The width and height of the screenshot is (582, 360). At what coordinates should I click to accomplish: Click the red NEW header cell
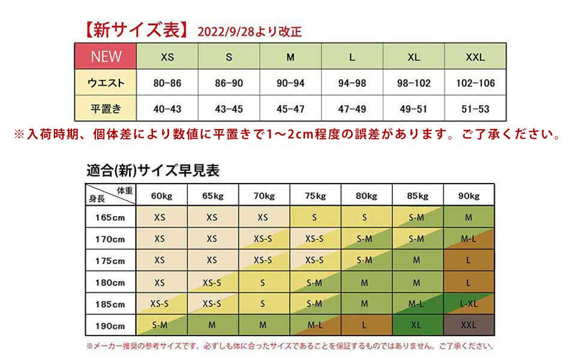pos(106,57)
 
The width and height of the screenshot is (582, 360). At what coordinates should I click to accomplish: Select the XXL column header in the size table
pos(475,58)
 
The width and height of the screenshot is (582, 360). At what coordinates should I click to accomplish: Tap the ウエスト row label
pos(106,83)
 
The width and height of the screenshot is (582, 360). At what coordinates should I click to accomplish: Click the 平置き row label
pos(106,109)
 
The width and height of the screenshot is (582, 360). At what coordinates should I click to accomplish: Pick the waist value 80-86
pos(167,83)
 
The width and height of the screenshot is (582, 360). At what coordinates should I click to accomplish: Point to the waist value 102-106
pos(475,83)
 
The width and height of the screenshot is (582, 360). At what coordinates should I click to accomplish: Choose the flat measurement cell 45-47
pos(290,109)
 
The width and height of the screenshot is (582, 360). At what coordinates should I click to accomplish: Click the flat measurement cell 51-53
pos(475,109)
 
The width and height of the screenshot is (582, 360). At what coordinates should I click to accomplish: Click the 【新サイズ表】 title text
pos(136,29)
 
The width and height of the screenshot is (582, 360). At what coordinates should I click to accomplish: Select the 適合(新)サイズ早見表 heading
pos(152,170)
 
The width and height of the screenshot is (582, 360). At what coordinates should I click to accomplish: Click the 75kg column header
pos(315,196)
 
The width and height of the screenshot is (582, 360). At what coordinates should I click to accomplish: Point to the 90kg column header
pos(468,196)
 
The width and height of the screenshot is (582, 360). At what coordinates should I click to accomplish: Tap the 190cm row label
pos(110,326)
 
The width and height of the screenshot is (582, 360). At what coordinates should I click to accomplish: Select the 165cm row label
pos(110,217)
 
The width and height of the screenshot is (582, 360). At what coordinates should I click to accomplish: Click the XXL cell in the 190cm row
pos(468,326)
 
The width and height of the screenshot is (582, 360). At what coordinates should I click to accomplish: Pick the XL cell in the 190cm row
pos(416,326)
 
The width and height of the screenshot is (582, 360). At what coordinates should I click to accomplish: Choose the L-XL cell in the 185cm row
pos(468,304)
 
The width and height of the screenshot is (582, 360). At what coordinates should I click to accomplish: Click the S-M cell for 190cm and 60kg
pos(160,326)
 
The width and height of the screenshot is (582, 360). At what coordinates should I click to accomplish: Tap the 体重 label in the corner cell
pos(125,190)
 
